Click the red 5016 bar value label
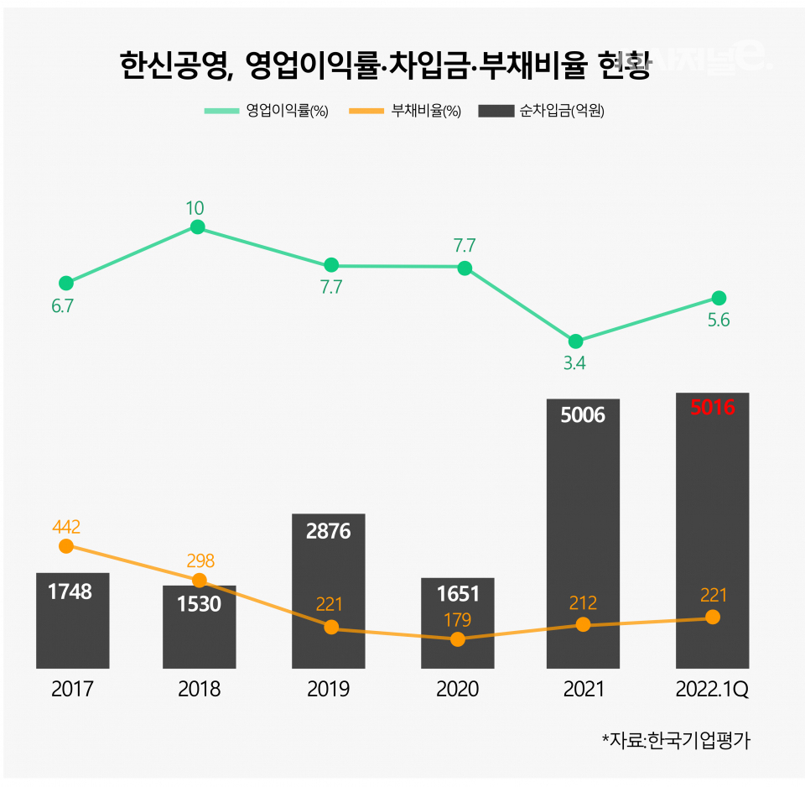712,409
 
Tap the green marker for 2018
198,227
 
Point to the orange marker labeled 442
66,546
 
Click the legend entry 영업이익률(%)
266,112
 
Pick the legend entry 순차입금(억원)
541,112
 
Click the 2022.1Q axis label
712,690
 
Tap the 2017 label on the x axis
72,690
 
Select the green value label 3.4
574,363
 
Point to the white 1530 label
199,603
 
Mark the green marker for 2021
575,341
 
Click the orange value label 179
457,621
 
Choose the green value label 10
195,208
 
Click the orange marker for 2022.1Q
713,617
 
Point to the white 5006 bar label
583,414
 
